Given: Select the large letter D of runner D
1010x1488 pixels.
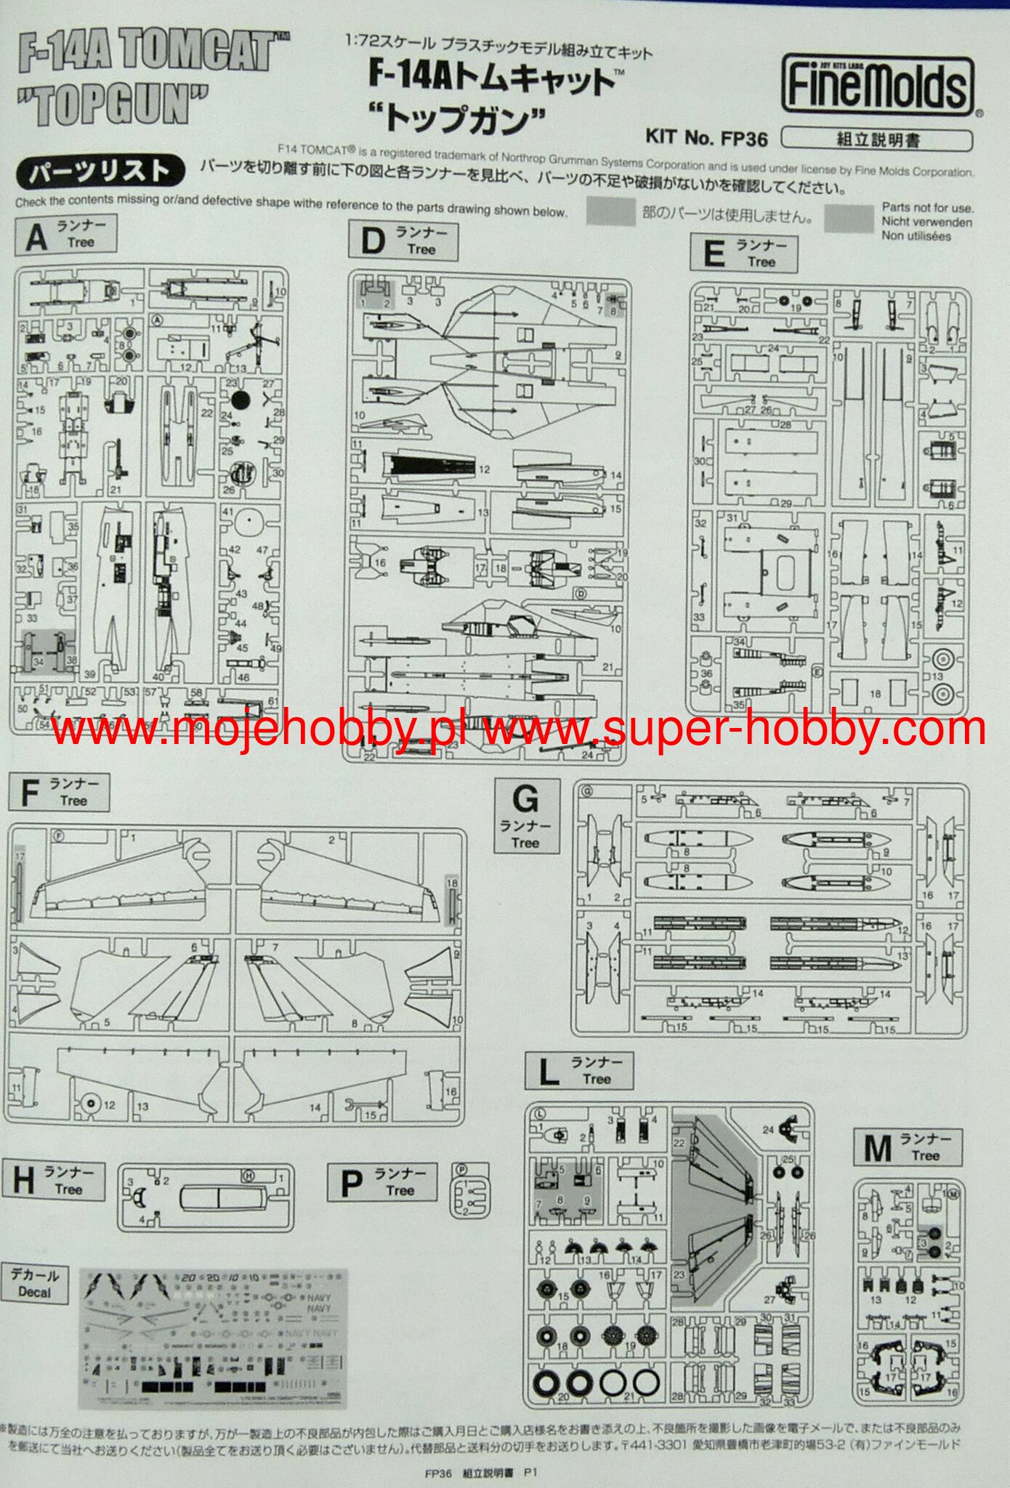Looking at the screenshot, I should tap(372, 242).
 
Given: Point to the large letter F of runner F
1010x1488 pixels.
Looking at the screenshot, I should tap(28, 793).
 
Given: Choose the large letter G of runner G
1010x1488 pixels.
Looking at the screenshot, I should tap(525, 800).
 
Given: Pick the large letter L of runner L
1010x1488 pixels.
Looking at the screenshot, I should tap(549, 1072).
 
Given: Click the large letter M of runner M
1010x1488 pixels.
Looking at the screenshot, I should tap(877, 1148).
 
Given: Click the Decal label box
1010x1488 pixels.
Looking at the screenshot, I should tap(34, 1284).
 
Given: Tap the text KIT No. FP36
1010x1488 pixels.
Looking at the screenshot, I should tap(706, 136).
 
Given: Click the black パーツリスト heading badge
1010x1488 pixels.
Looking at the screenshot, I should tap(99, 171).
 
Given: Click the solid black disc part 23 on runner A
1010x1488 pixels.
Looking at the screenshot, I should tap(241, 399).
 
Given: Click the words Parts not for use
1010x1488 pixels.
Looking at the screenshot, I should tap(927, 208).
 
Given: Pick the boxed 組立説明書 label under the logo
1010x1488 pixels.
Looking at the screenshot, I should tap(877, 139).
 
